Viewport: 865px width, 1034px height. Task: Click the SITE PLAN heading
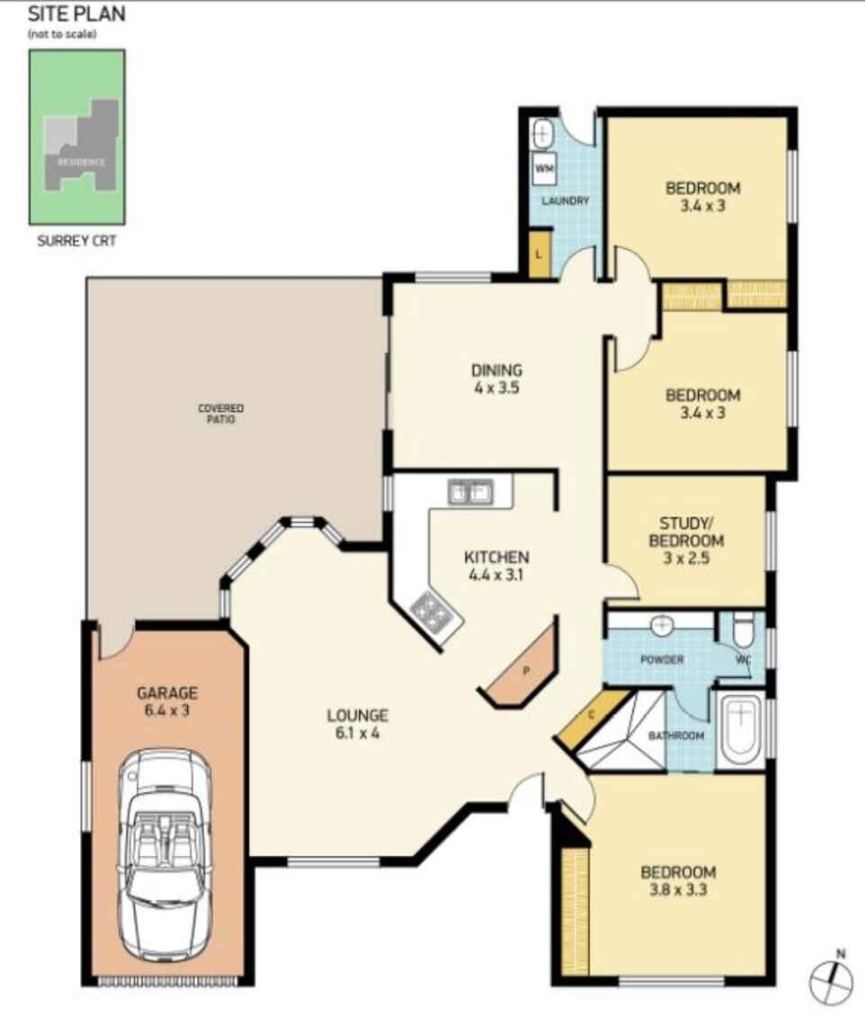tap(76, 14)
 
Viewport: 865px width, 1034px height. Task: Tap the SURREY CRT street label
tap(76, 241)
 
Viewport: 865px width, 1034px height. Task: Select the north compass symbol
tap(832, 981)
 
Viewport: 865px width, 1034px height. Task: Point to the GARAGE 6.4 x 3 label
tap(167, 700)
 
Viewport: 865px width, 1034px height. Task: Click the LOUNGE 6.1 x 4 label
tap(357, 724)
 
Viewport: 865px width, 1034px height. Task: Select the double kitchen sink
tap(469, 492)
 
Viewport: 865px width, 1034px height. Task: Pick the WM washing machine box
tap(545, 168)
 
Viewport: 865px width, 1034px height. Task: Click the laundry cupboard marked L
tap(539, 254)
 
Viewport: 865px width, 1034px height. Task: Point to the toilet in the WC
tap(743, 630)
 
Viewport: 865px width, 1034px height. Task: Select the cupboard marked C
tap(591, 717)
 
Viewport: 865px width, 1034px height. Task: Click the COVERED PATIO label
tap(221, 414)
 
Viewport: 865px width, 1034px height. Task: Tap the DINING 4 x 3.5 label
tap(496, 379)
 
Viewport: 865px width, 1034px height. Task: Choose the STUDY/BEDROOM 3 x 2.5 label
tap(691, 540)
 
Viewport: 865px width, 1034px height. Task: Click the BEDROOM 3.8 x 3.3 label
tap(678, 880)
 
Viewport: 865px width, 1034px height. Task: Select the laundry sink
tap(542, 135)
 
